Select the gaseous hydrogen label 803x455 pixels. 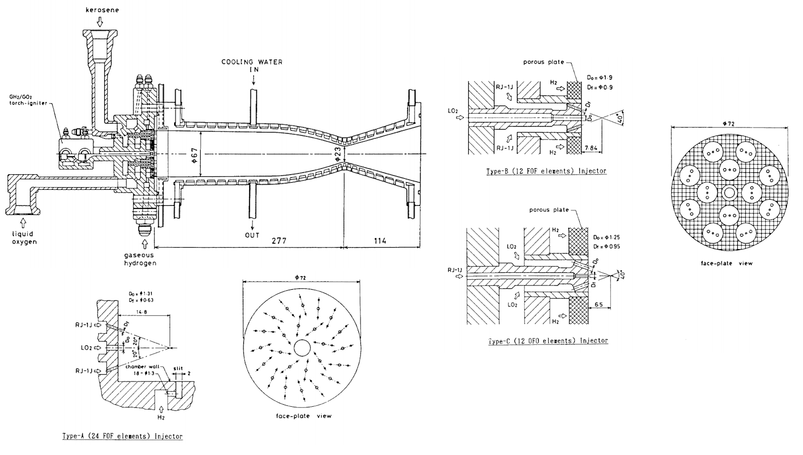(140, 259)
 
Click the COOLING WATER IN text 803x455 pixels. (252, 65)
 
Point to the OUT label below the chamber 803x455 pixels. (252, 235)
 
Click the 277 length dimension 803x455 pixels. (279, 241)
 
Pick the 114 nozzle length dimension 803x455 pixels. (380, 241)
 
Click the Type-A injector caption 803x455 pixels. (122, 436)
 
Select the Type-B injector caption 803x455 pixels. (546, 171)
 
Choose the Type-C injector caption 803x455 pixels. (548, 341)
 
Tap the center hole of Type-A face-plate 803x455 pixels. (302, 348)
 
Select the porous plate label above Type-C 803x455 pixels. (549, 210)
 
